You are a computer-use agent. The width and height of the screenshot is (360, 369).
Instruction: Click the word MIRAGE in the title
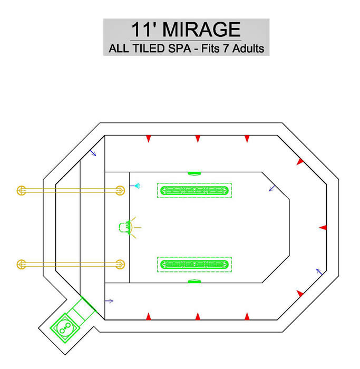click(201, 30)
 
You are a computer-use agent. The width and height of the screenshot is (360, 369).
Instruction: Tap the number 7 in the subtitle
click(226, 48)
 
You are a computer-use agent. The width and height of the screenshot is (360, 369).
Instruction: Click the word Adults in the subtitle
click(248, 48)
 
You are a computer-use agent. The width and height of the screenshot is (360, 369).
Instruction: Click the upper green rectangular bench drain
click(194, 190)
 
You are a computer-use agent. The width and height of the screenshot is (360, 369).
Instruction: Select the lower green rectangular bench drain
click(194, 265)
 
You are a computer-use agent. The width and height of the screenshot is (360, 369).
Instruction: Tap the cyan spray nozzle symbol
click(137, 186)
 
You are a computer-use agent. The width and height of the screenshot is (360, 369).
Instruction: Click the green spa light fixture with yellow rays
click(128, 227)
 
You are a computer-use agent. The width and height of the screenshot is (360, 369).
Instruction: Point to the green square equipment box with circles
click(64, 327)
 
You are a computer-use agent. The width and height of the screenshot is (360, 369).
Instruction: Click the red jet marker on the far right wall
click(323, 228)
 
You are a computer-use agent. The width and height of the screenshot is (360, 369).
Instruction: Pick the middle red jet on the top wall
click(198, 139)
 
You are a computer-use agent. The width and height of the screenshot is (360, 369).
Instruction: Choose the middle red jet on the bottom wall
click(198, 316)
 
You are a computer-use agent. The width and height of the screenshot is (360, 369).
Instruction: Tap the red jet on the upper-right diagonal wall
click(300, 162)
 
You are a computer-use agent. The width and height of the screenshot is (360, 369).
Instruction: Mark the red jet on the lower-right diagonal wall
click(300, 294)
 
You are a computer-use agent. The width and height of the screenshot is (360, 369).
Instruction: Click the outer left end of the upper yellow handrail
click(22, 190)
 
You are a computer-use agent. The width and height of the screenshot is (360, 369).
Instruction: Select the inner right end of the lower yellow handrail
click(120, 265)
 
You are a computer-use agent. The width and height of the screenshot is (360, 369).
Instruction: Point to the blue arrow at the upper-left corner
click(93, 153)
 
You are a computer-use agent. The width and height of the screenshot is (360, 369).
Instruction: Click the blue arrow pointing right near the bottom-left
click(109, 301)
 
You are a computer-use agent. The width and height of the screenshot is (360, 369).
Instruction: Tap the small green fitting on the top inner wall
click(194, 173)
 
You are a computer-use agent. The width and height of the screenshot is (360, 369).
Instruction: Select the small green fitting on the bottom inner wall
click(194, 281)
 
